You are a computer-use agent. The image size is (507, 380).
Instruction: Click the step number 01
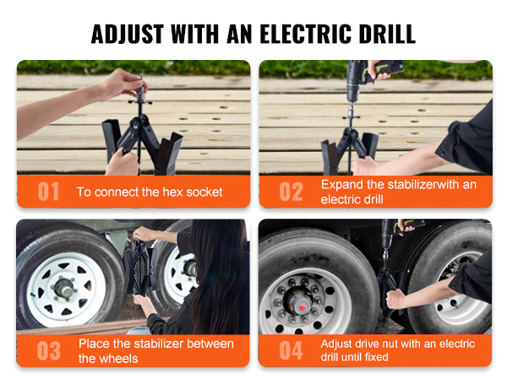click(x=49, y=192)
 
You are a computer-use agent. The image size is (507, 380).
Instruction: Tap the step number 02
click(x=291, y=192)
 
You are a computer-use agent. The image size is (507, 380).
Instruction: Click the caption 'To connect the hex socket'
click(x=150, y=192)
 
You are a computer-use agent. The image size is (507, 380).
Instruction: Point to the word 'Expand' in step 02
click(x=341, y=183)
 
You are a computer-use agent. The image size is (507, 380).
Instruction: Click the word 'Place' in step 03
click(x=95, y=344)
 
